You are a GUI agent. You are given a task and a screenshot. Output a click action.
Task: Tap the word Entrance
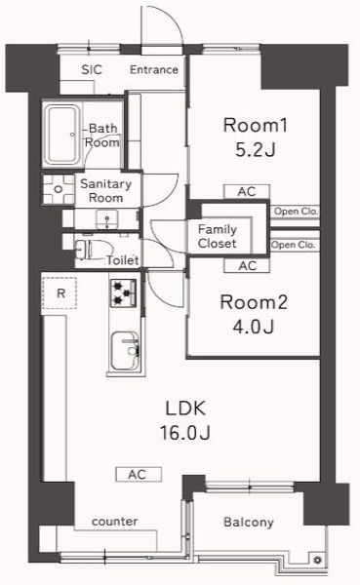[154, 69]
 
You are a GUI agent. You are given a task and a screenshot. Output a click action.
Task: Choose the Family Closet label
[218, 236]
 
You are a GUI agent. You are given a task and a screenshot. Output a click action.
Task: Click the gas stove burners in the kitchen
[123, 290]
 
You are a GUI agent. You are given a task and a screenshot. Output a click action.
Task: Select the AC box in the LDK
[138, 474]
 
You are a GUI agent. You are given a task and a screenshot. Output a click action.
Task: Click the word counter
[114, 522]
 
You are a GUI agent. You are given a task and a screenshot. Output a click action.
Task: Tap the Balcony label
[249, 523]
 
